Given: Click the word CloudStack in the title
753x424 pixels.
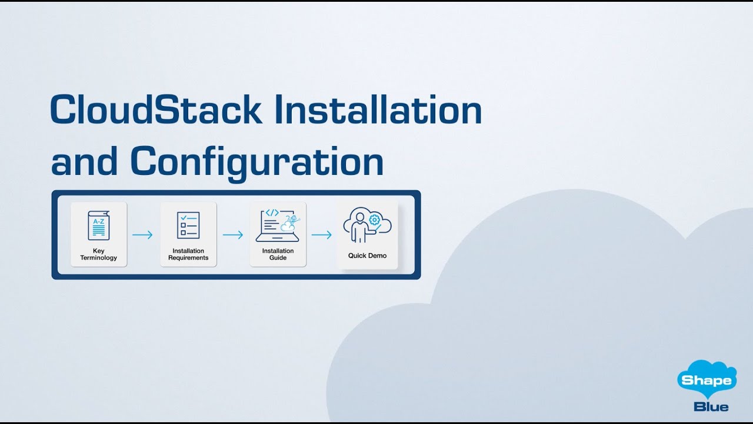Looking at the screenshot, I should click(156, 110).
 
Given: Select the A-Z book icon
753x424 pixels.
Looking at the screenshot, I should click(99, 226).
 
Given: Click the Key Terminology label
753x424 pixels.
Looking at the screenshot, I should click(99, 254).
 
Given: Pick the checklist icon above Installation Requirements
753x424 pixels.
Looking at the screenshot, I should click(188, 226).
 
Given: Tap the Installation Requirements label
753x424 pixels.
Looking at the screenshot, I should click(188, 254).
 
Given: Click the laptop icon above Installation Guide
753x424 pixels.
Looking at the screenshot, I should click(278, 225).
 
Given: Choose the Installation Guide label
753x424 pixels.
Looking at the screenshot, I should click(278, 254).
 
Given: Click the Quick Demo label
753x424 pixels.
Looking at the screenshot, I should click(367, 256).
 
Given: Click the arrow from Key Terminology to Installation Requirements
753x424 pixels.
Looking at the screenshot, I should click(142, 235).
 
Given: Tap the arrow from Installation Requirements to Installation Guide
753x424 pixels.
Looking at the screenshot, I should click(233, 235).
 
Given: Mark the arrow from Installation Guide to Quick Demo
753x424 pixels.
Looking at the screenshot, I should click(322, 235).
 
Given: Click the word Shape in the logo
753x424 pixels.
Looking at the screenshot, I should click(707, 380).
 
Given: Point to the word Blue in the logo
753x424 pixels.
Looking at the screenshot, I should click(711, 406).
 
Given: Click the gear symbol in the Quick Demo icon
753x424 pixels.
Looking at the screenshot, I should click(374, 220).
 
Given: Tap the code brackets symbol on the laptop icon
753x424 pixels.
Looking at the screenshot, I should click(272, 213).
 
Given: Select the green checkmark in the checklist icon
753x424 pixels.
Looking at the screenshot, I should click(183, 217).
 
